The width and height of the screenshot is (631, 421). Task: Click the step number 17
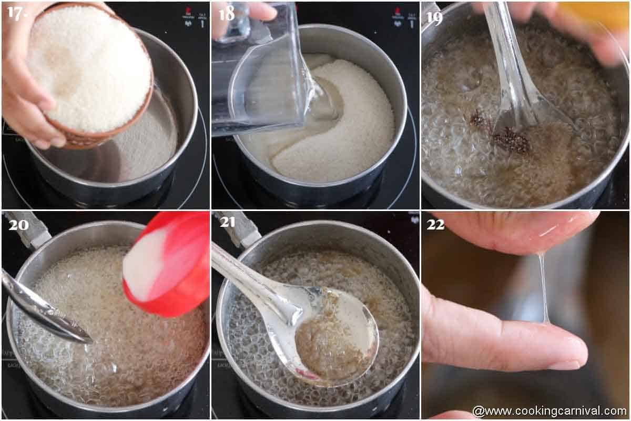(16, 13)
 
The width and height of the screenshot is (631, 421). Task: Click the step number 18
(226, 13)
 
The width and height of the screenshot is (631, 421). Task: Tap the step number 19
(434, 17)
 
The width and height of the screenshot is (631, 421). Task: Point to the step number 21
(227, 222)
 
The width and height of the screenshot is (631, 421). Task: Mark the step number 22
(435, 224)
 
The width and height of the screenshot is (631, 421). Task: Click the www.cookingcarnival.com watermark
(549, 411)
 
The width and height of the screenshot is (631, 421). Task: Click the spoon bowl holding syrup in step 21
(337, 334)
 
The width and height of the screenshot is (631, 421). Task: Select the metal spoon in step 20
(42, 308)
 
